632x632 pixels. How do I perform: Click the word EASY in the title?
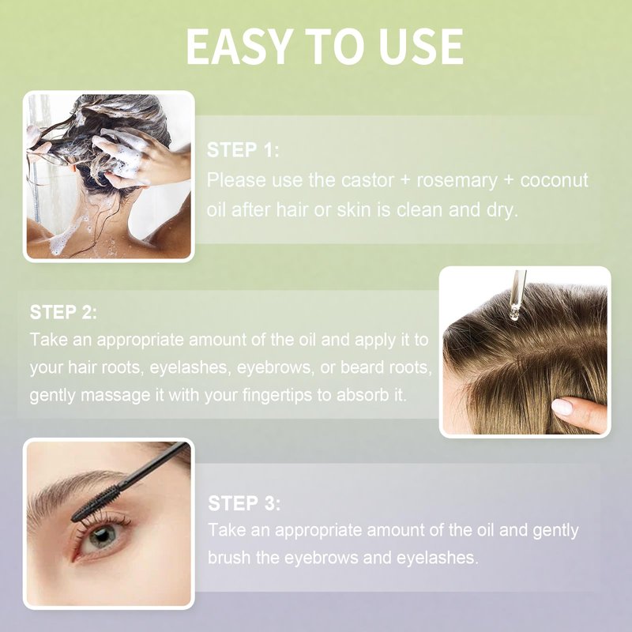tap(239, 47)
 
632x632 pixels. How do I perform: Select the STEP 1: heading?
tap(243, 150)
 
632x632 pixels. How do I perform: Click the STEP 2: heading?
tap(64, 312)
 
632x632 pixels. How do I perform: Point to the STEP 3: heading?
tap(244, 503)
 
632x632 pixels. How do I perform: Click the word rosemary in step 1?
tap(457, 181)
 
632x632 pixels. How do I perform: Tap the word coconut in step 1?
tap(555, 180)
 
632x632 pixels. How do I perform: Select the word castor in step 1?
tap(367, 180)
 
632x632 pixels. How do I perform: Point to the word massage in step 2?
tap(115, 397)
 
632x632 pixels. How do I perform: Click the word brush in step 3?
tap(228, 558)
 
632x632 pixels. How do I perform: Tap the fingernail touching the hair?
tap(562, 406)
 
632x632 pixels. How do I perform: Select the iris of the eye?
tap(102, 536)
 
